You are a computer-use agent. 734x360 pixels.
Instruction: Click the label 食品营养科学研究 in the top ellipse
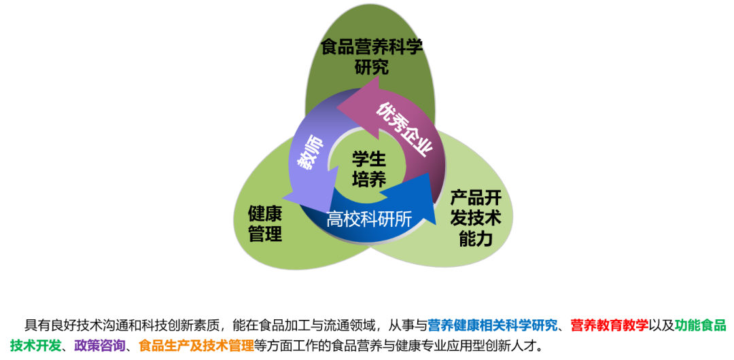[x=372, y=57]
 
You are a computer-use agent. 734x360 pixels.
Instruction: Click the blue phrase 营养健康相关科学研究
[x=493, y=325]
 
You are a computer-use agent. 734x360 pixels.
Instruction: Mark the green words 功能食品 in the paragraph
[x=700, y=325]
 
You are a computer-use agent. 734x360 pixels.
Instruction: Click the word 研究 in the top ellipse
[x=372, y=67]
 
